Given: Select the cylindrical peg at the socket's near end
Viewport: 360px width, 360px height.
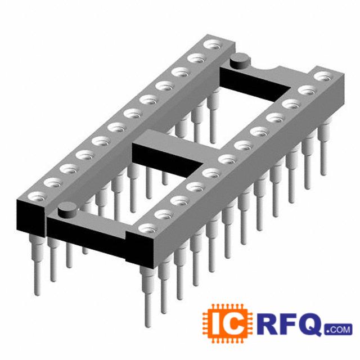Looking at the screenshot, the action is (x=67, y=209).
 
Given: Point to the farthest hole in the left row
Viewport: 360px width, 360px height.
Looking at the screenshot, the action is (x=214, y=44).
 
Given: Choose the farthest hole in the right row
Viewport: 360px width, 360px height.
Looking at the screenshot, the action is (x=324, y=76).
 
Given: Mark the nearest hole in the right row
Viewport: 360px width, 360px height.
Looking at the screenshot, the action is (x=148, y=228).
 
